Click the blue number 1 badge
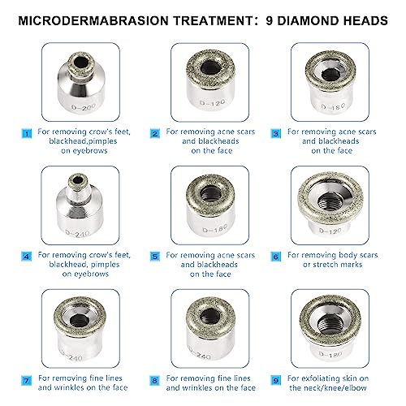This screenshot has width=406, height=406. tap(28, 132)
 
